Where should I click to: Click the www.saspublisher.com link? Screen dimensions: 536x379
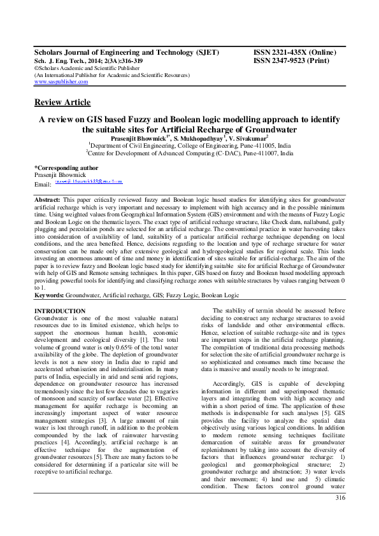61,82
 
